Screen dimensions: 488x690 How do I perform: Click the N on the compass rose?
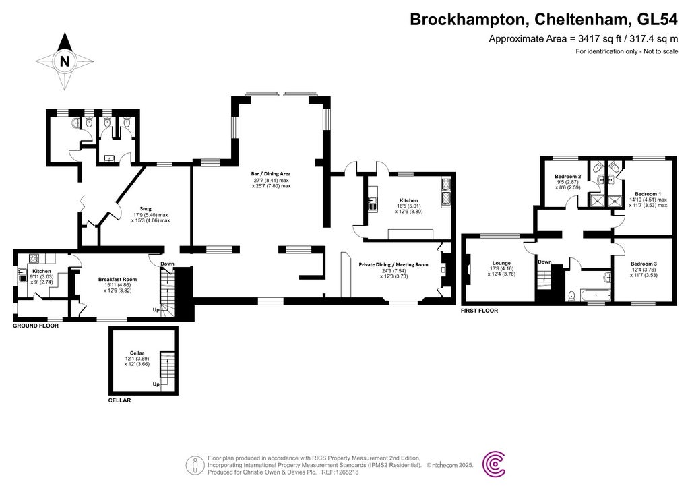pyautogui.click(x=65, y=61)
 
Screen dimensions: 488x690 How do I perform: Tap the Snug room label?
pyautogui.click(x=145, y=209)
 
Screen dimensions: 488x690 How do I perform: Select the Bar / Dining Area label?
pyautogui.click(x=272, y=174)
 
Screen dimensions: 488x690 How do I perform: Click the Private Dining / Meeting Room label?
pyautogui.click(x=394, y=265)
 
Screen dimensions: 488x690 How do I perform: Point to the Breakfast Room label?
pyautogui.click(x=117, y=279)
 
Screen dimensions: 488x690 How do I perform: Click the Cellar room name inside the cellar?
pyautogui.click(x=137, y=353)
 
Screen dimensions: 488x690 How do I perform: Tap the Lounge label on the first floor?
pyautogui.click(x=501, y=263)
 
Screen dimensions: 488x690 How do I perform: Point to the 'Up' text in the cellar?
pyautogui.click(x=156, y=384)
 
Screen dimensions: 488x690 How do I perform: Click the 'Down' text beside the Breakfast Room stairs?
pyautogui.click(x=167, y=264)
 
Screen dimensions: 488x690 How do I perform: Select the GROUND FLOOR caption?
pyautogui.click(x=36, y=326)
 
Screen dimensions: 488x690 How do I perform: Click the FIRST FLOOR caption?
pyautogui.click(x=479, y=311)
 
